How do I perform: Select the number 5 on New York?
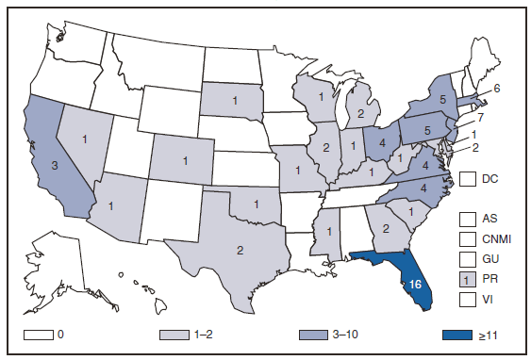(442, 96)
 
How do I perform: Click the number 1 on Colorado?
(185, 160)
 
